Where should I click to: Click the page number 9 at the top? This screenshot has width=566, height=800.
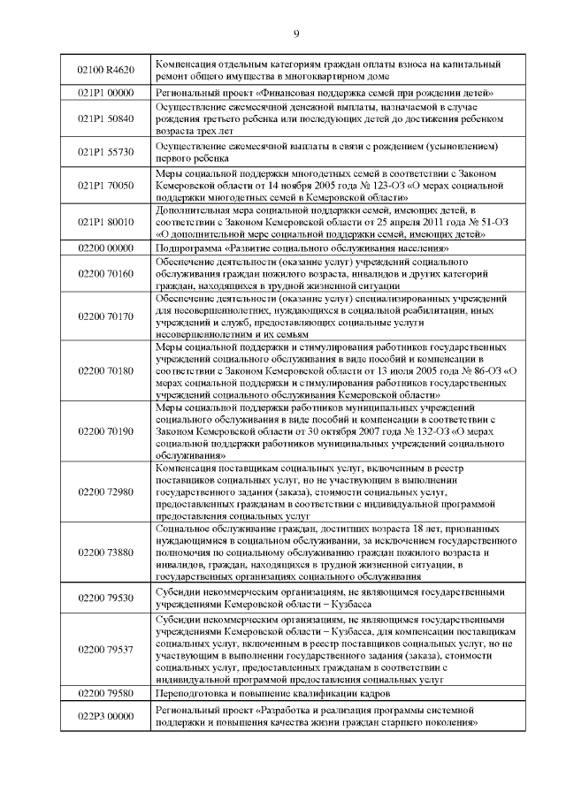(x=295, y=34)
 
